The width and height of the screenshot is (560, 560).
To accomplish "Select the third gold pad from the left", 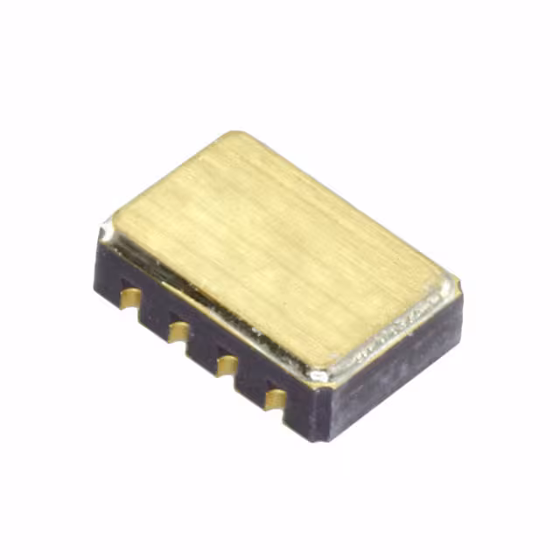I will [227, 364].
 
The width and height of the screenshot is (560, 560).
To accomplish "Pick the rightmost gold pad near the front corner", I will [275, 399].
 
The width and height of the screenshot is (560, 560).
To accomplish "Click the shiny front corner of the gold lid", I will [320, 374].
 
